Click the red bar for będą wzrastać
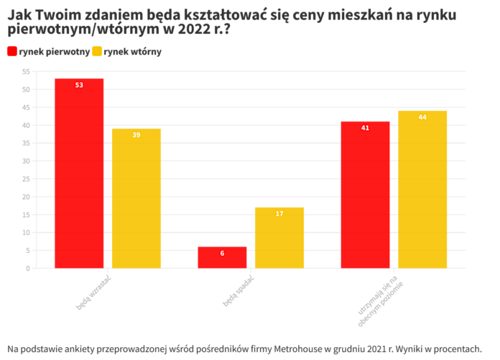(79, 173)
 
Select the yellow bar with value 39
(136, 198)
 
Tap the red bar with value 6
(222, 257)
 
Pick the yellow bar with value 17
(279, 238)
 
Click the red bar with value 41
(365, 195)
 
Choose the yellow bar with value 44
(422, 190)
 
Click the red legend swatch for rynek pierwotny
(12, 52)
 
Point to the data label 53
(79, 86)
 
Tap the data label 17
(279, 214)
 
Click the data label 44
(422, 117)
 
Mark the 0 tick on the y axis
(27, 268)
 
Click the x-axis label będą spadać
(240, 290)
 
